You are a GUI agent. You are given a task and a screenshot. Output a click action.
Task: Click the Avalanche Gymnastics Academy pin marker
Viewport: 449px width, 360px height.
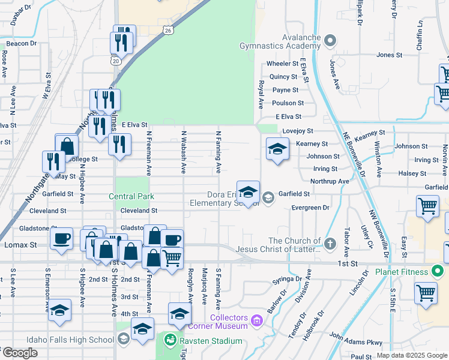tap(330, 41)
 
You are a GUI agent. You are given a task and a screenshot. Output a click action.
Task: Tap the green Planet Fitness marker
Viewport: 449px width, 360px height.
tap(439, 272)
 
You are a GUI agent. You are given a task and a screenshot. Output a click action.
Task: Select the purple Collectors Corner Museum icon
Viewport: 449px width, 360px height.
tap(257, 322)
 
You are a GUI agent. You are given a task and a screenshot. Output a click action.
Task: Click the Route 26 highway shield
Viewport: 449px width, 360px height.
tap(167, 30)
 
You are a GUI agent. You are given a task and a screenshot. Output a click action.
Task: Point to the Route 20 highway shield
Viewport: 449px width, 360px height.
tap(115, 60)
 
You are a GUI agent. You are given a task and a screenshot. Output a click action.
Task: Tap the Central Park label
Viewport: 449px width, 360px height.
tap(131, 196)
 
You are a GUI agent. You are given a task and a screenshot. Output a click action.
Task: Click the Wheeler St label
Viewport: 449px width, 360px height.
tap(283, 64)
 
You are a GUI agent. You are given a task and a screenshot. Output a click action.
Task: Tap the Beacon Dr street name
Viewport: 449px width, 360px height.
tap(22, 43)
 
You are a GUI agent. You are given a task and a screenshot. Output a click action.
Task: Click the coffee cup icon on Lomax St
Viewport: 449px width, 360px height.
tap(61, 238)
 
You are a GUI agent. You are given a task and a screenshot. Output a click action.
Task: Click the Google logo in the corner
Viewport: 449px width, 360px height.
tap(19, 353)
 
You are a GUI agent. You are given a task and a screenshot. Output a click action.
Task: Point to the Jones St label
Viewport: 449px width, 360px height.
tap(389, 55)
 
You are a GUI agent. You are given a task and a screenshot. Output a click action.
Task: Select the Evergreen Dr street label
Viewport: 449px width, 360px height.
tap(310, 208)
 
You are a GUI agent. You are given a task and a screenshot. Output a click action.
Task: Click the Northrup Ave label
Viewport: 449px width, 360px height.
tap(330, 181)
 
